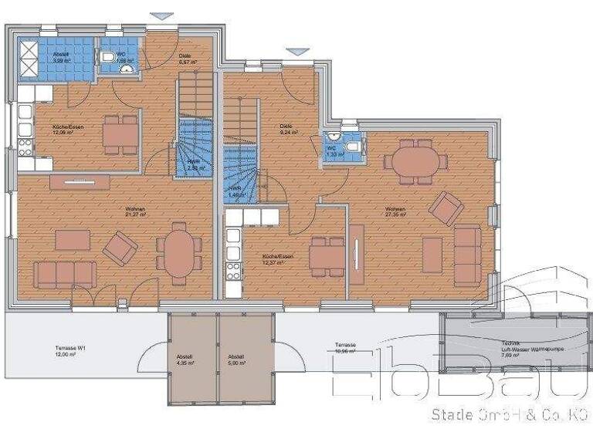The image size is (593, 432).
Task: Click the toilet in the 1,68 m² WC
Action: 107,56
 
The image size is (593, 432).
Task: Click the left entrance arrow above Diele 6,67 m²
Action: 161,15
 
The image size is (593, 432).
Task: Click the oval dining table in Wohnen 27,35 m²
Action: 415,161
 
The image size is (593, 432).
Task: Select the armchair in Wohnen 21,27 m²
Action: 120,248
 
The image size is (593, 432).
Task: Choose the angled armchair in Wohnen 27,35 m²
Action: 446,208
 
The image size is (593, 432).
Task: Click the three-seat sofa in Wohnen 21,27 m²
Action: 65,274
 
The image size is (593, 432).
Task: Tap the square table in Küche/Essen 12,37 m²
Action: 327,256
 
